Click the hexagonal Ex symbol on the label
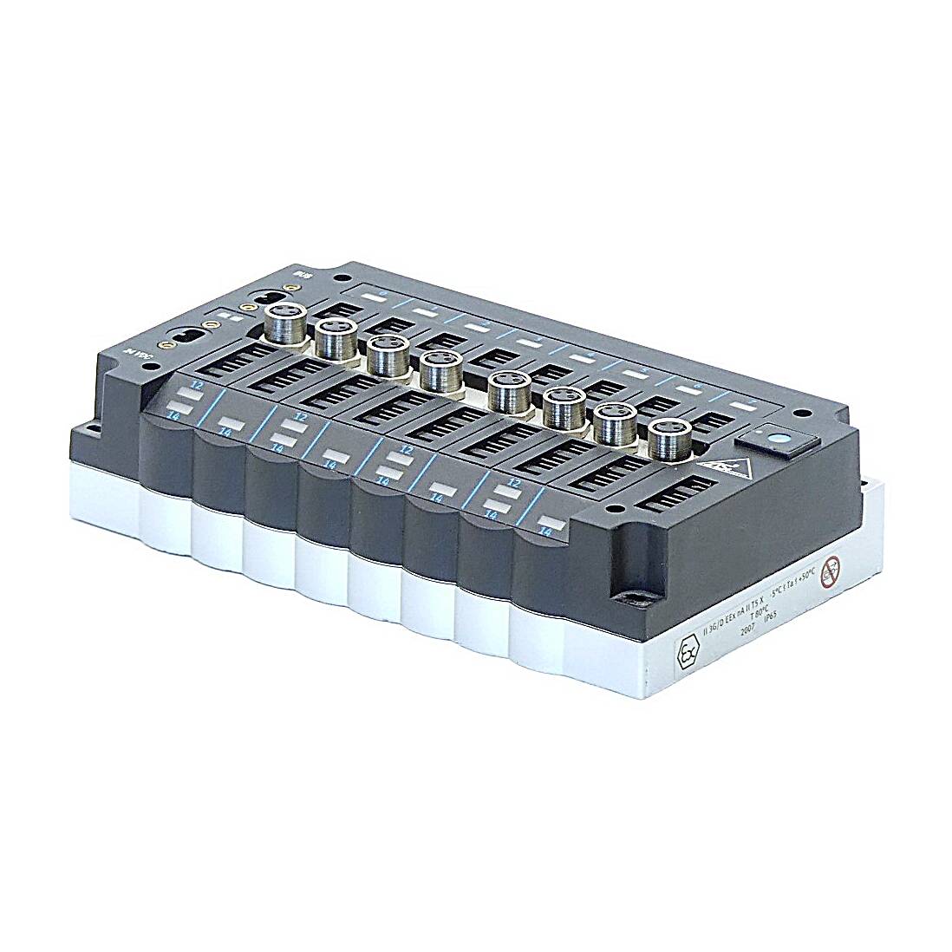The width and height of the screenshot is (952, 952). click(688, 653)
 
